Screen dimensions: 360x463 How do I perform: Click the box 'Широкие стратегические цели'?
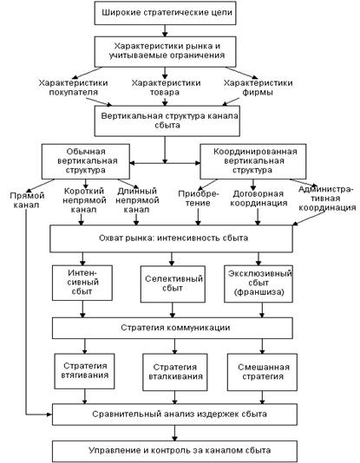pos(165,13)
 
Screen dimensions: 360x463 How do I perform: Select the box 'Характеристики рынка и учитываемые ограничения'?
pos(165,52)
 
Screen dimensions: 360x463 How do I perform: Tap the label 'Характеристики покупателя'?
pos(73,88)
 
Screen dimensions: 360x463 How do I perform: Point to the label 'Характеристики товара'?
pos(166,88)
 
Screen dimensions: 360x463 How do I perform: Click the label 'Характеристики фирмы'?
pos(258,88)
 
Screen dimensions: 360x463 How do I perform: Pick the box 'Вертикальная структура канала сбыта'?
pos(167,121)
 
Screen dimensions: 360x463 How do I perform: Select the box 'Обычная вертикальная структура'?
pos(86,161)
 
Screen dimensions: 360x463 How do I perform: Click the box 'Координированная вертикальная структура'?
pos(253,161)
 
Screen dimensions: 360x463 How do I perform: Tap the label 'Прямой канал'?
pos(27,200)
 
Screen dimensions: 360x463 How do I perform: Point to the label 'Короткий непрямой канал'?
pos(84,200)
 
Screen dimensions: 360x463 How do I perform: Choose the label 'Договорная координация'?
pos(259,199)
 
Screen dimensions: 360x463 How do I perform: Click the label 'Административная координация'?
pos(327,199)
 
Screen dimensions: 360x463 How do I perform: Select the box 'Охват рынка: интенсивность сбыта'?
pos(171,238)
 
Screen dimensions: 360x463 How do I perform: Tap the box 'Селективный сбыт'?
pos(173,284)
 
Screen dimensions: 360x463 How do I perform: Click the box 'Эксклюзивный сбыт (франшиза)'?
pos(259,284)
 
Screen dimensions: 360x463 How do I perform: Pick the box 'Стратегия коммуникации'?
pos(173,328)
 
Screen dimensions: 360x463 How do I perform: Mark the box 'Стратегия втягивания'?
pos(84,371)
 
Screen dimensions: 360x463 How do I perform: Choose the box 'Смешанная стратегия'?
pos(262,372)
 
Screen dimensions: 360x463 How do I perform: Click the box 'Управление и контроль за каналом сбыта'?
pos(175,451)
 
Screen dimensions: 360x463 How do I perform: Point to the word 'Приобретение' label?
pos(199,199)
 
